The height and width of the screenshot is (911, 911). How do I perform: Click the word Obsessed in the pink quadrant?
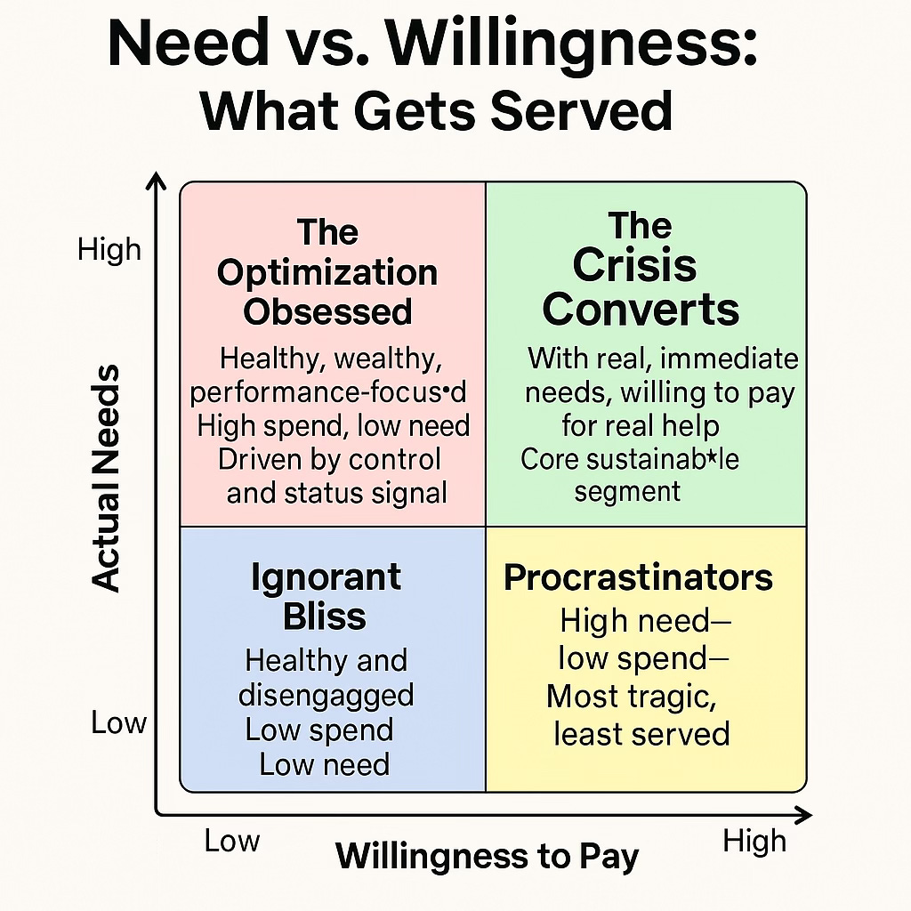coord(327,312)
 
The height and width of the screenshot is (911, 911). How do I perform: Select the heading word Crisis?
coord(634,265)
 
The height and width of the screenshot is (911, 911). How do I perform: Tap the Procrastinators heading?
coord(638,577)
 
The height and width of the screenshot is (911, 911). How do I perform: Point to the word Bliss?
coord(325,617)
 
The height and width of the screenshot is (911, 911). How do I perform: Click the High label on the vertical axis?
coord(109,250)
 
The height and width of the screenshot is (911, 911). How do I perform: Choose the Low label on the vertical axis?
coord(117,723)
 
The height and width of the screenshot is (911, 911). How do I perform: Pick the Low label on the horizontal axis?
coord(232,841)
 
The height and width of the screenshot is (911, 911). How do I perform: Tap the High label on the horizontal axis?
coord(754,841)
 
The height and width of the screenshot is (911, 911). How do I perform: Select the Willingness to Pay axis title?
coord(488,857)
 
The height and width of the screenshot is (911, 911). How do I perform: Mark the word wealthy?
coord(396,359)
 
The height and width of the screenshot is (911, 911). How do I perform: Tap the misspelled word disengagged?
coord(326,696)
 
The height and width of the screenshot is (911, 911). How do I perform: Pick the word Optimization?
coord(327,272)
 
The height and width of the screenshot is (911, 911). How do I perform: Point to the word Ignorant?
coord(325,577)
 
